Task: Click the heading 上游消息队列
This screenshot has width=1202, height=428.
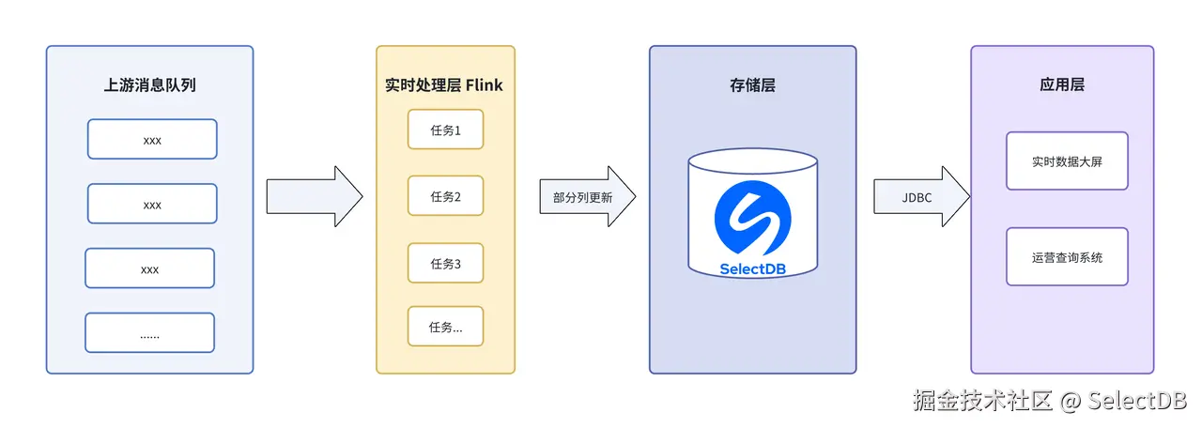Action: tap(149, 85)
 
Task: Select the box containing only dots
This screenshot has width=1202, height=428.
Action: tap(149, 332)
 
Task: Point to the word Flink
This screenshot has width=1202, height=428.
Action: tap(484, 85)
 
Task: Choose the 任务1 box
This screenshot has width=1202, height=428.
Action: tap(445, 130)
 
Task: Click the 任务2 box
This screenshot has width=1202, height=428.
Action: tap(445, 196)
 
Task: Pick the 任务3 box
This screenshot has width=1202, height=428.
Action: tap(445, 263)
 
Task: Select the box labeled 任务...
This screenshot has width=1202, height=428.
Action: tap(445, 327)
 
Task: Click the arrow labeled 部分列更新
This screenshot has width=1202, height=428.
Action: tap(587, 197)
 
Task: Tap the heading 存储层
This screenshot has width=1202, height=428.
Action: tap(752, 85)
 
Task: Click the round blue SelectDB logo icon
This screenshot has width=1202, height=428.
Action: tap(752, 218)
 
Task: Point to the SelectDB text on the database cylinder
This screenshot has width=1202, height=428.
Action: tap(752, 268)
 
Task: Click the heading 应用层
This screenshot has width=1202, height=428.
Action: tap(1062, 85)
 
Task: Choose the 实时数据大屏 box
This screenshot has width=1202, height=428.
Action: tap(1067, 161)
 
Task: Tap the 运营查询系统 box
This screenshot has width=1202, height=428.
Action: tap(1067, 256)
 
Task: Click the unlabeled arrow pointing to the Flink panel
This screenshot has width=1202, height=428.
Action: tap(314, 197)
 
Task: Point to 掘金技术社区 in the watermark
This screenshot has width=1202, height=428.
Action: tap(983, 401)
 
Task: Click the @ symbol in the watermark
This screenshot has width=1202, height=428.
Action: tap(1071, 402)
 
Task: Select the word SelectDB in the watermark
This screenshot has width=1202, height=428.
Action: tap(1137, 401)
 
